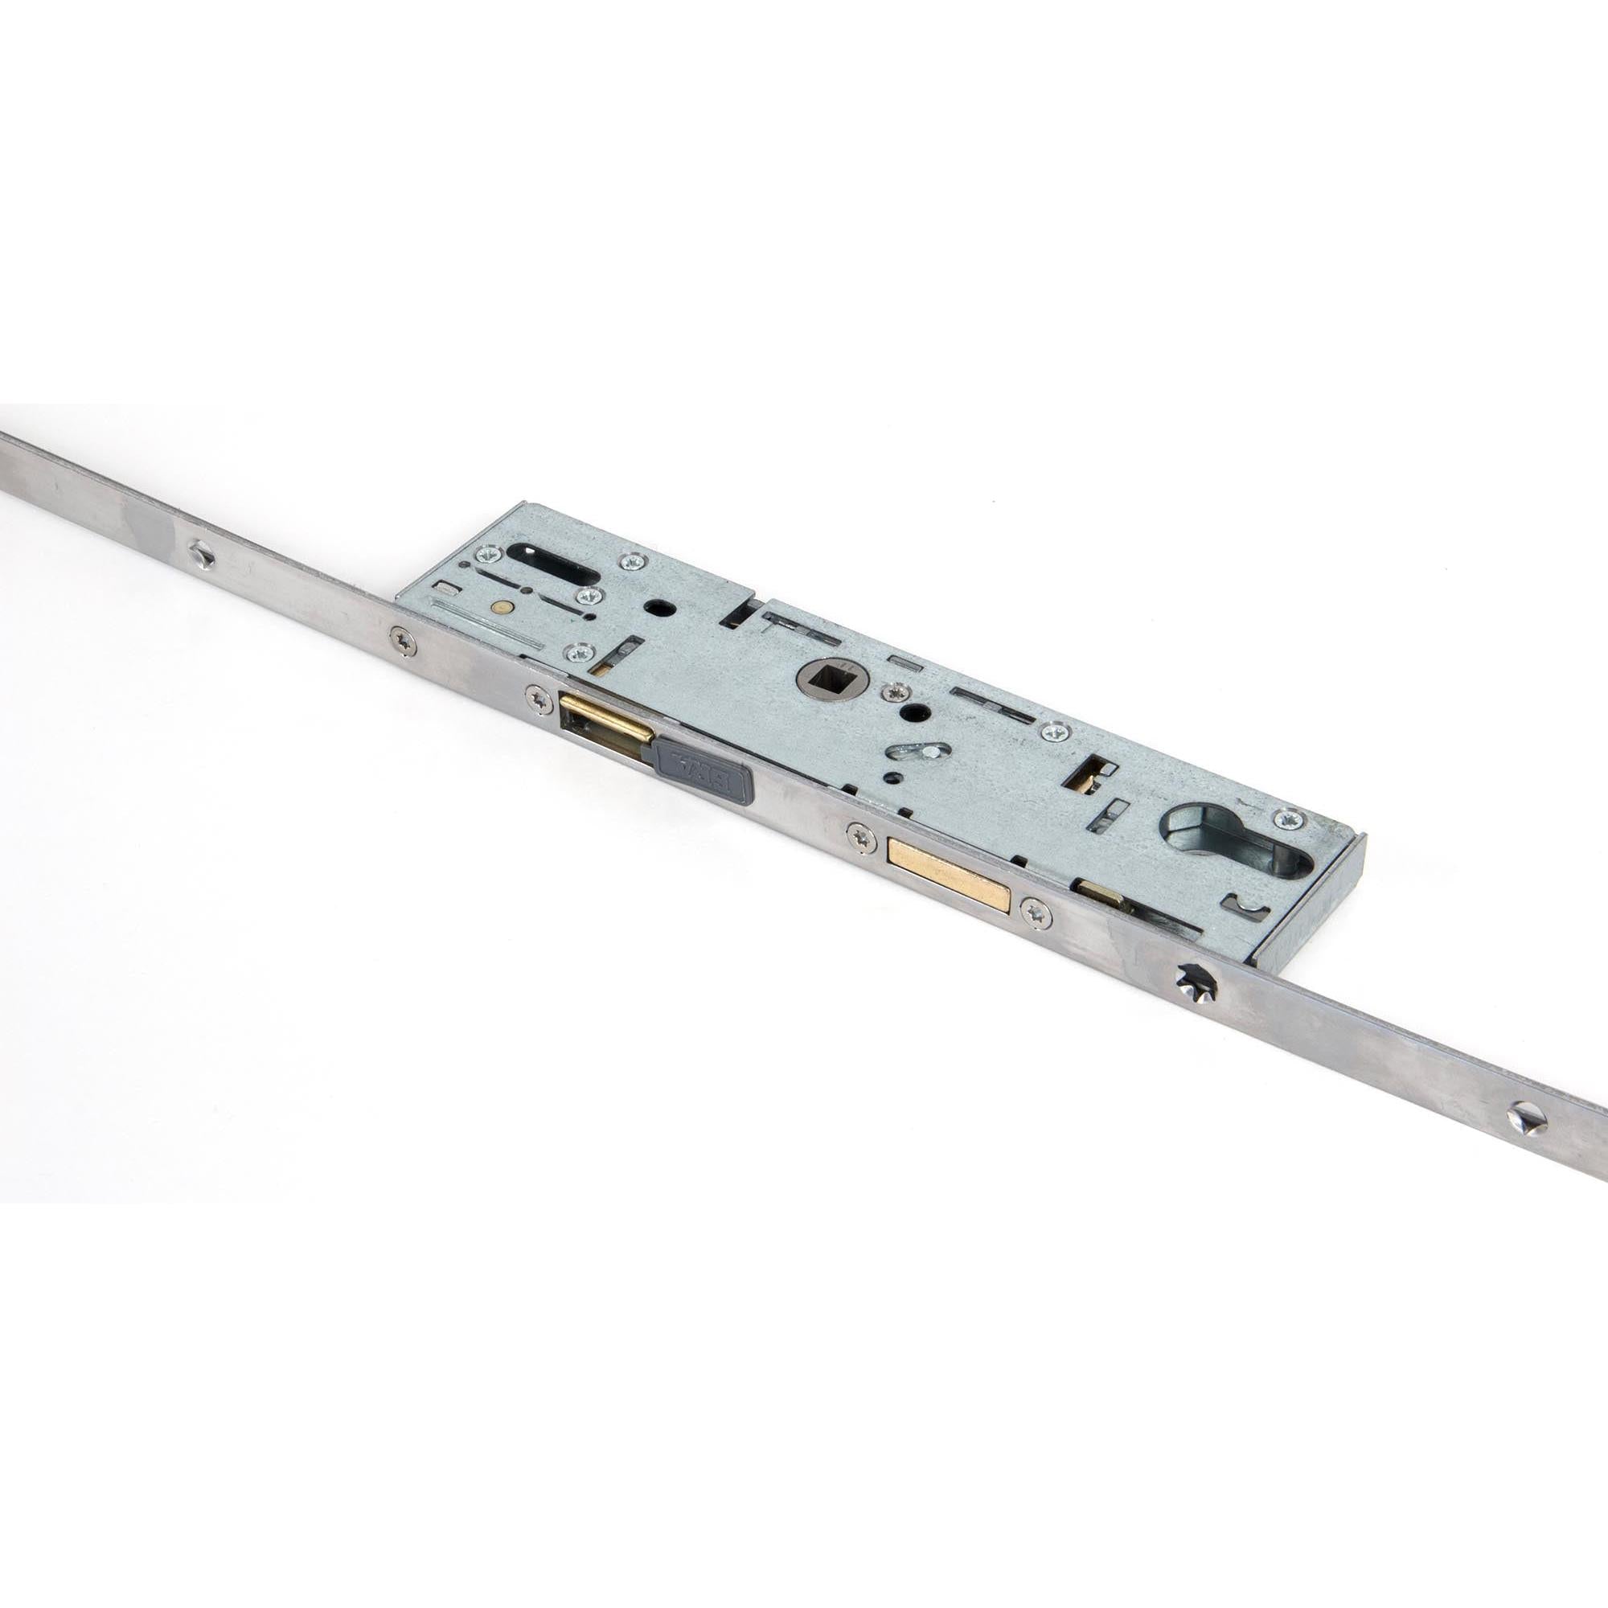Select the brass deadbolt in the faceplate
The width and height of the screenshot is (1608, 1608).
pos(949,872)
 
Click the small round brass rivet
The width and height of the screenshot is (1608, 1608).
pos(500,609)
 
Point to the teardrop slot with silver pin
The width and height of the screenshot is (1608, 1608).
pos(913,753)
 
